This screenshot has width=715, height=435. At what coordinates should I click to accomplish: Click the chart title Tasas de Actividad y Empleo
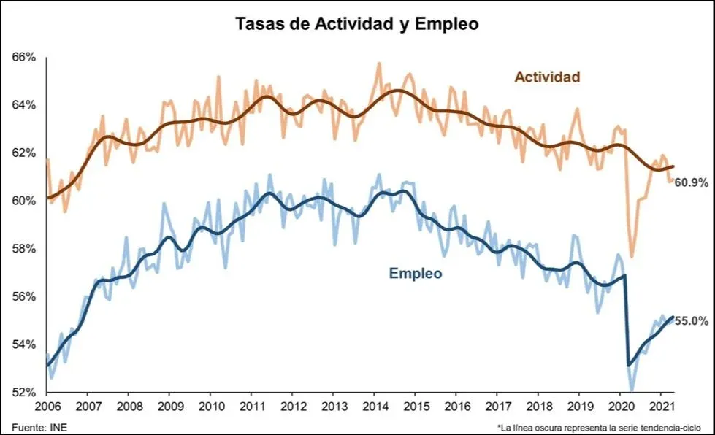(356, 23)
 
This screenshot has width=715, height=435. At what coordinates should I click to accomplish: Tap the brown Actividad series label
(547, 77)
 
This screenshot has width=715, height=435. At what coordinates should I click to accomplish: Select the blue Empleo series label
(415, 274)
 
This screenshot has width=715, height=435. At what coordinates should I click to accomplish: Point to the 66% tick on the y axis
(24, 57)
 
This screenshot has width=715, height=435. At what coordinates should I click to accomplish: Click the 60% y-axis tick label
(24, 201)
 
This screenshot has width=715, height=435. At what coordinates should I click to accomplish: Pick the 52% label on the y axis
(24, 392)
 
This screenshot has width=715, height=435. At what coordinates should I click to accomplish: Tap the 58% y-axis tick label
(24, 249)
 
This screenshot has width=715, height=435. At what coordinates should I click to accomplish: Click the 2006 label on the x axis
(47, 407)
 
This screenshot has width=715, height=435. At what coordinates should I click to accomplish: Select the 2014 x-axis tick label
(375, 407)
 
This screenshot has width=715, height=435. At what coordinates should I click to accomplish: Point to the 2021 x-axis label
(662, 407)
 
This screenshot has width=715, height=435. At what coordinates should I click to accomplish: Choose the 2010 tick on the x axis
(211, 407)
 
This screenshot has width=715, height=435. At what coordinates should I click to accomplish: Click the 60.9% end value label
(691, 182)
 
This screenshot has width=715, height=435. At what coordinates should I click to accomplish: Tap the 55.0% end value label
(691, 320)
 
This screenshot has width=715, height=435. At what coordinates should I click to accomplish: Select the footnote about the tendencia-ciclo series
(600, 426)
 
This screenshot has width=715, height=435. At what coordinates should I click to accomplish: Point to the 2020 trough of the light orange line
(632, 257)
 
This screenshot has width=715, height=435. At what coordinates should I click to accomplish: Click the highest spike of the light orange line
(378, 63)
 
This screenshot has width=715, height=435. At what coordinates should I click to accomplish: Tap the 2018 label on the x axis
(539, 407)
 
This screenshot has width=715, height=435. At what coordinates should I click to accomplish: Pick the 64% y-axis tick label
(24, 105)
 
